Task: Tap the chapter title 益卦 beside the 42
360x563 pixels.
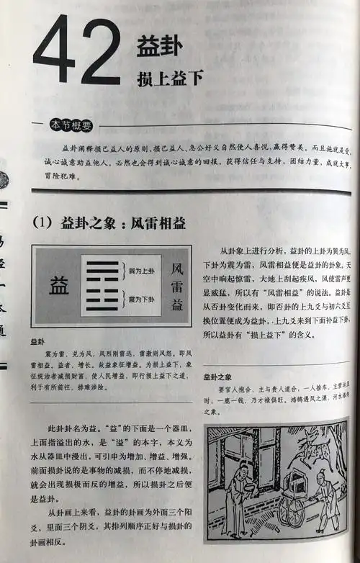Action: pyautogui.click(x=159, y=48)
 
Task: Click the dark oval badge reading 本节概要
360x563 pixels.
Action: pyautogui.click(x=71, y=125)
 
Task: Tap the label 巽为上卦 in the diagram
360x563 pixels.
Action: pyautogui.click(x=142, y=271)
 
